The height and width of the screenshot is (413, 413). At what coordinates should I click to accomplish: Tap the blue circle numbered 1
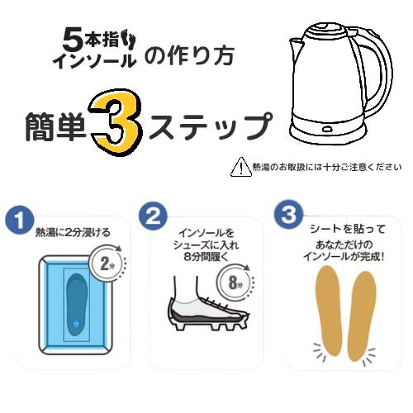19,220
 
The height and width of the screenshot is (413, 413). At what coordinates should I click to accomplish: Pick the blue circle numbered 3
288,215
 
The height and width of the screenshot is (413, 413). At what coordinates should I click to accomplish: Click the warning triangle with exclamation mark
241,167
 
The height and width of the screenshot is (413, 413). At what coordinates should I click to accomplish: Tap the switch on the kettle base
328,128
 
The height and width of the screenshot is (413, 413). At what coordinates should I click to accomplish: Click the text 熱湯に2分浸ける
73,233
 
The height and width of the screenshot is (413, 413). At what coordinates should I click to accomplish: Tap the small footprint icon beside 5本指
131,42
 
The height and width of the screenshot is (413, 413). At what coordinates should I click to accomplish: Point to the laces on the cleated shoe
221,303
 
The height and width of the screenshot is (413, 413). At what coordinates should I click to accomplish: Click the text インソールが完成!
344,257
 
